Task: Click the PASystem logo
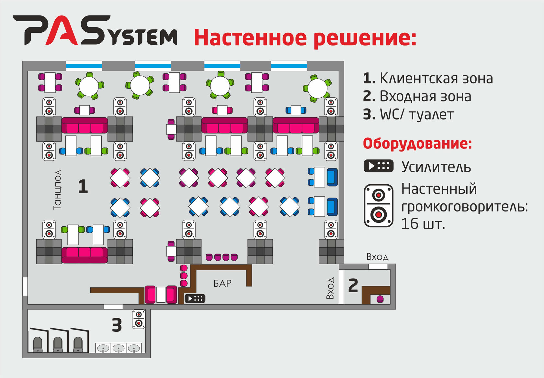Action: pos(95,30)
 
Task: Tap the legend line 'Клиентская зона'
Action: pos(428,78)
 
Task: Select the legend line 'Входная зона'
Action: pos(417,96)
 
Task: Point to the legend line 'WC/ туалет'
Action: pos(408,114)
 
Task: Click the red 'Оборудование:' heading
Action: pos(417,144)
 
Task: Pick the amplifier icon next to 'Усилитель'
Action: pos(378,166)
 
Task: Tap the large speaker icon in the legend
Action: pos(379,206)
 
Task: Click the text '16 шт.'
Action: pos(423,224)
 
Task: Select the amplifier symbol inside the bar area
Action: pos(195,298)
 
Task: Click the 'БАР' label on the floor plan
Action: pos(222,283)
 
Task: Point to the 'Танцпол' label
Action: pos(58,190)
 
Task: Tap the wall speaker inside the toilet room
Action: pos(139,319)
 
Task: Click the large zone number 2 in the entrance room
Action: pos(353,286)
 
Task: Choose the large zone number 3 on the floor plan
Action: pos(117,325)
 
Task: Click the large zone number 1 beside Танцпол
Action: pos(83,186)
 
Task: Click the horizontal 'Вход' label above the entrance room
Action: pos(378,257)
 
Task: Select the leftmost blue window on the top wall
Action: pos(84,66)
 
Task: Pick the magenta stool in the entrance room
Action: pos(380,299)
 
